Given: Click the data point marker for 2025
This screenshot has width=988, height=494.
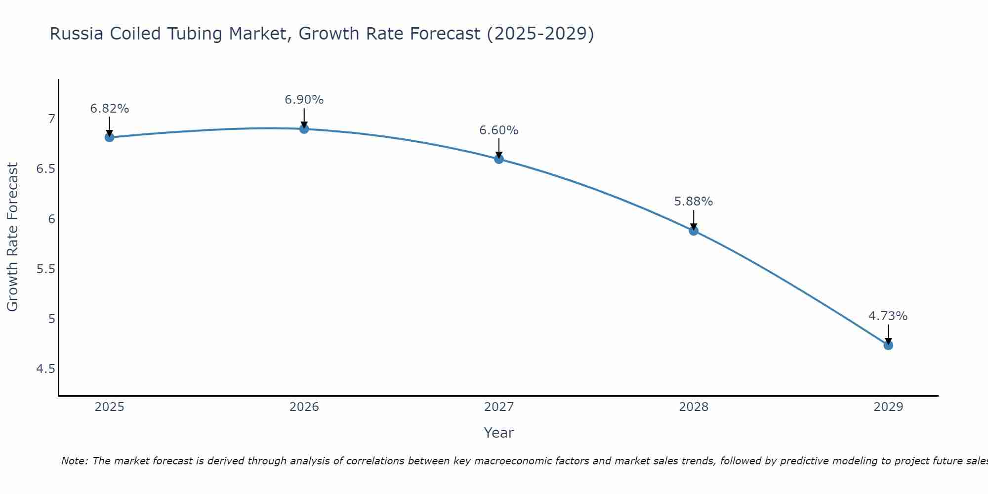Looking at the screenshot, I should (110, 137).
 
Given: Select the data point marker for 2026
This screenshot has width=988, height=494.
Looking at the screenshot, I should (304, 129).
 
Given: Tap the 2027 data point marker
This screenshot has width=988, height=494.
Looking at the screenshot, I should (499, 159).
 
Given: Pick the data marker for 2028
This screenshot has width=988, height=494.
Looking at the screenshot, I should (694, 231).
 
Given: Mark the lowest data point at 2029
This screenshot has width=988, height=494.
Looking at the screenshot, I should (888, 345).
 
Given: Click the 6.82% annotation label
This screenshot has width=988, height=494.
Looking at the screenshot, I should (110, 109).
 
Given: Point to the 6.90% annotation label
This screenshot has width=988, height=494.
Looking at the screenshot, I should (304, 100).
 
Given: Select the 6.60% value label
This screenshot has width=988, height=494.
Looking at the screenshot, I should (499, 130).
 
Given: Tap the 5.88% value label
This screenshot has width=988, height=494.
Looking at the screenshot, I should (694, 202).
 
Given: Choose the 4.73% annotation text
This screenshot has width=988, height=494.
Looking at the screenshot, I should (888, 316).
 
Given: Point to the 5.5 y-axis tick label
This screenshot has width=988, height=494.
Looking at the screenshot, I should (45, 269).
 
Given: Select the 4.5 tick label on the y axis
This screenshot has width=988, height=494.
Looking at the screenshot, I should (45, 369).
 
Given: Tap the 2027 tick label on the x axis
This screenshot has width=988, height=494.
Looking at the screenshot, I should (499, 407).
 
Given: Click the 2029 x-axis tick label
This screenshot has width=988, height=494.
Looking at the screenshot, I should (888, 407).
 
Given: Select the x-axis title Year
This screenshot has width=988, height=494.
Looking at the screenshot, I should (499, 433).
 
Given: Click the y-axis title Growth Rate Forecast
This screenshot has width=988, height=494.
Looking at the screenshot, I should (12, 237).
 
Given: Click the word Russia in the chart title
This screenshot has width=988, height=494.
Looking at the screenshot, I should (77, 34).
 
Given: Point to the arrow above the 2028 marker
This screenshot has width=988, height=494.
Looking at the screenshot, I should (694, 220).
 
